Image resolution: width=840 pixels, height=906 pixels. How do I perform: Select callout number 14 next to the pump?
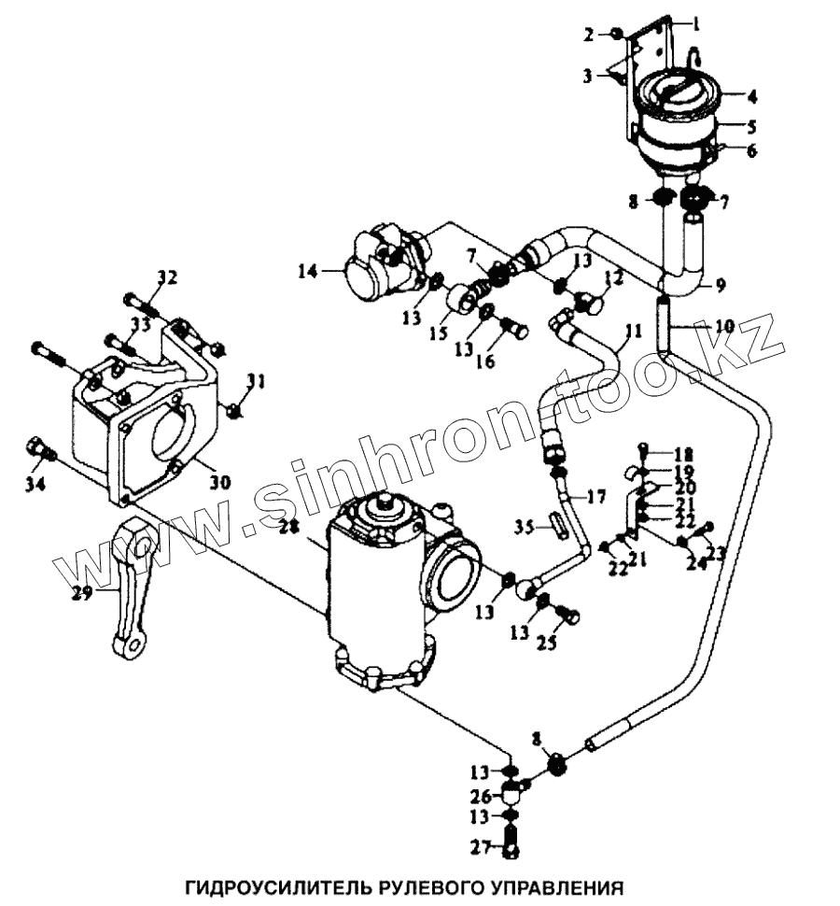click(x=306, y=273)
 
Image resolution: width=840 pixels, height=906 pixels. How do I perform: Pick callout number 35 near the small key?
click(x=525, y=528)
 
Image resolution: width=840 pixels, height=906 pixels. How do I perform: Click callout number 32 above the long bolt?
click(x=166, y=277)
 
